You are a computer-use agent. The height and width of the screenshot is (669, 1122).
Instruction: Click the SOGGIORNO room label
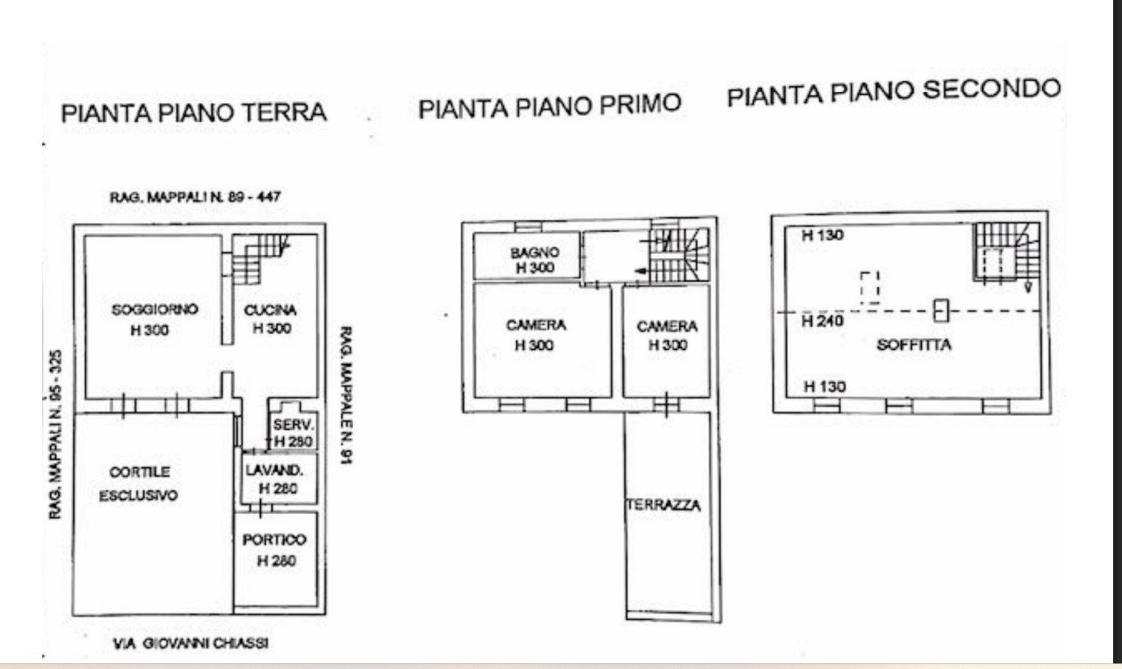155,310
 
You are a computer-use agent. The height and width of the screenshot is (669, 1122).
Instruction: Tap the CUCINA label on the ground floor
270,311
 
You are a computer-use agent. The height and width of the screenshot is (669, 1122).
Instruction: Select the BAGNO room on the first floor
535,252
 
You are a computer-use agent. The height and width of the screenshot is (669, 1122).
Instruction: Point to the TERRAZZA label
663,505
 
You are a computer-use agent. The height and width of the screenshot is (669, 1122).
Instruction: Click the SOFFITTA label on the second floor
914,345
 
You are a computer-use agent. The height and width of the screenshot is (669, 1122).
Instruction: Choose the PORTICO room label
274,540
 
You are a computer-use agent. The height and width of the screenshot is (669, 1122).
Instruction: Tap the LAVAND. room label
274,470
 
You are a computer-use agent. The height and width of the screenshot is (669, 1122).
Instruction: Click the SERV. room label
293,426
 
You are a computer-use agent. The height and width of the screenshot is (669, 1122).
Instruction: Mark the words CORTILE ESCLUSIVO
138,484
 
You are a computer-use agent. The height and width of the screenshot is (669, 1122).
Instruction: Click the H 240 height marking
823,321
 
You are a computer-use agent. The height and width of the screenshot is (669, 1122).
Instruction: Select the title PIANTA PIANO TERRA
194,113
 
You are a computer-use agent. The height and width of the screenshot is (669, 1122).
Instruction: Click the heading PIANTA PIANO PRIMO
549,106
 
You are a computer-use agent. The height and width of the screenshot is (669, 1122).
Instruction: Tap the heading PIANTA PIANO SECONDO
894,91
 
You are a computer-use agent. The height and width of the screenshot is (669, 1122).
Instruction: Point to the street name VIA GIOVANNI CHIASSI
191,643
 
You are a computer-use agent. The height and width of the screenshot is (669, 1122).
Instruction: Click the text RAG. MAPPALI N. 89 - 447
195,196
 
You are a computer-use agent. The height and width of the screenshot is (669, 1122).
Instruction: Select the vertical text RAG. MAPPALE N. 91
346,395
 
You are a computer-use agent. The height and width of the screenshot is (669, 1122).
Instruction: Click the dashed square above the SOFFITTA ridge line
870,287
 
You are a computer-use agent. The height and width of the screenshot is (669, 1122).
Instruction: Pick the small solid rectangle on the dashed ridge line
942,311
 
